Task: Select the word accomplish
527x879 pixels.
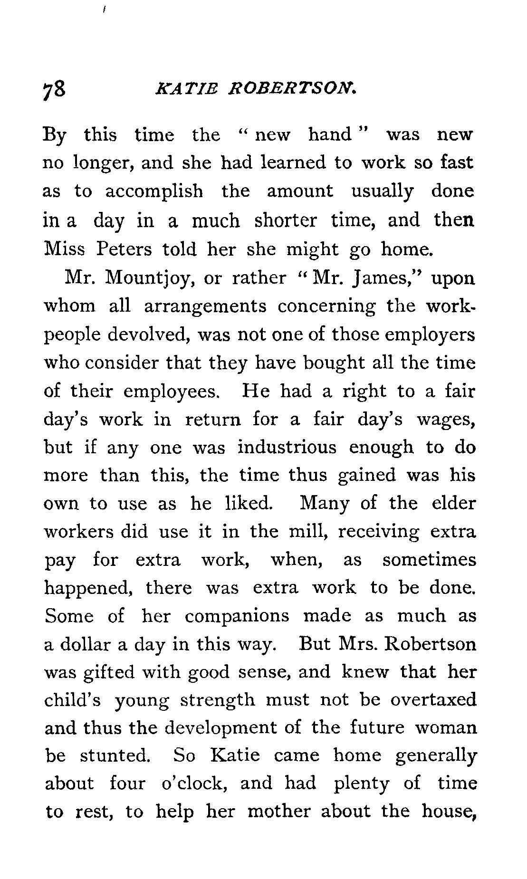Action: coord(154,191)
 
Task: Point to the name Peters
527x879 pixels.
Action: coord(124,249)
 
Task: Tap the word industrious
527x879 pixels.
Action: coord(287,448)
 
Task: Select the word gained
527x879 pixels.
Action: coord(366,476)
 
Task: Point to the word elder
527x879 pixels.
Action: coord(453,503)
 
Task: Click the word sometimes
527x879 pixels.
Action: coord(429,560)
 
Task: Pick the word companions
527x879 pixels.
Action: coord(237,616)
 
